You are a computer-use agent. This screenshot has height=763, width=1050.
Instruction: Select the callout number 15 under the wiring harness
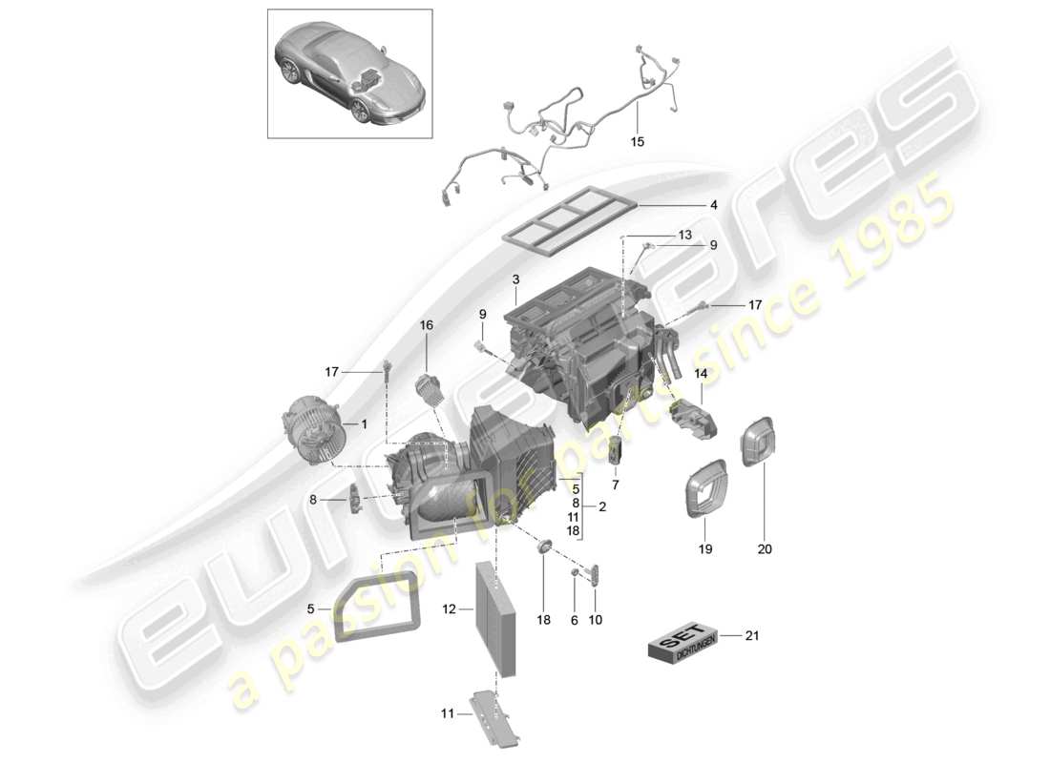637,141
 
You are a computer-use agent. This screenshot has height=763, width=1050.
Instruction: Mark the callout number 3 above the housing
514,279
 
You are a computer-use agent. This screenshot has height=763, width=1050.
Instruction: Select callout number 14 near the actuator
701,374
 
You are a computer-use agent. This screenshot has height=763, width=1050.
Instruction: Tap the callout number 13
685,235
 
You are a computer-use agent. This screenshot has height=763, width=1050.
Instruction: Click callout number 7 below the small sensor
616,485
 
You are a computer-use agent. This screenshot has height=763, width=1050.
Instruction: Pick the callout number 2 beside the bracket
602,505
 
